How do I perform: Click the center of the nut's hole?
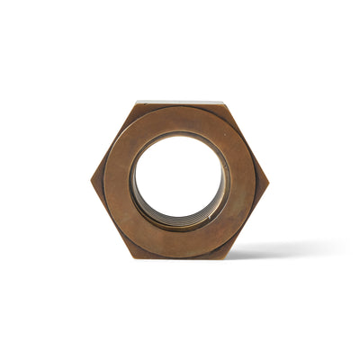179,178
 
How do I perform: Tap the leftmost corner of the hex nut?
91,180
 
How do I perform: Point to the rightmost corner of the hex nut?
269,180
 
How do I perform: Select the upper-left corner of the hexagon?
136,103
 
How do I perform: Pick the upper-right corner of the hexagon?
224,103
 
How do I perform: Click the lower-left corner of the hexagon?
135,258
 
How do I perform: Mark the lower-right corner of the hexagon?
224,258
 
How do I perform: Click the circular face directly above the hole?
180,118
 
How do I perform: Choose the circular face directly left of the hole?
117,180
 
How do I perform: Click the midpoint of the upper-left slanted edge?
113,141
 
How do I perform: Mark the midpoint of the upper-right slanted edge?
247,141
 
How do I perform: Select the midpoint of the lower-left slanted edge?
113,220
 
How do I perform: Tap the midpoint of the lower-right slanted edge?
247,220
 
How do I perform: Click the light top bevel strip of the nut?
180,103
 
